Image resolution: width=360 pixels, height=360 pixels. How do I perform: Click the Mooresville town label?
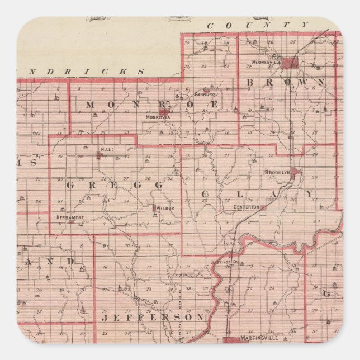266,62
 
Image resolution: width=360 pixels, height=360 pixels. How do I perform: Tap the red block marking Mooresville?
290,63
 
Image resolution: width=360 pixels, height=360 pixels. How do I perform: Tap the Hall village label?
107,150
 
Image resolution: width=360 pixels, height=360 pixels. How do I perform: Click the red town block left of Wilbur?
154,208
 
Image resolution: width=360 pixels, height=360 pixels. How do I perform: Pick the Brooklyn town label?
277,172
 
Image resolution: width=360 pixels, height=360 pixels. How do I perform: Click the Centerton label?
247,207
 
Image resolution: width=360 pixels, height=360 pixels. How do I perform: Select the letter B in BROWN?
250,82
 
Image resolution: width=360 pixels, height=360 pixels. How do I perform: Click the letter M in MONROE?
91,105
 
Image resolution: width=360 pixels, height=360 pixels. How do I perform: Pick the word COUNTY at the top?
257,25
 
